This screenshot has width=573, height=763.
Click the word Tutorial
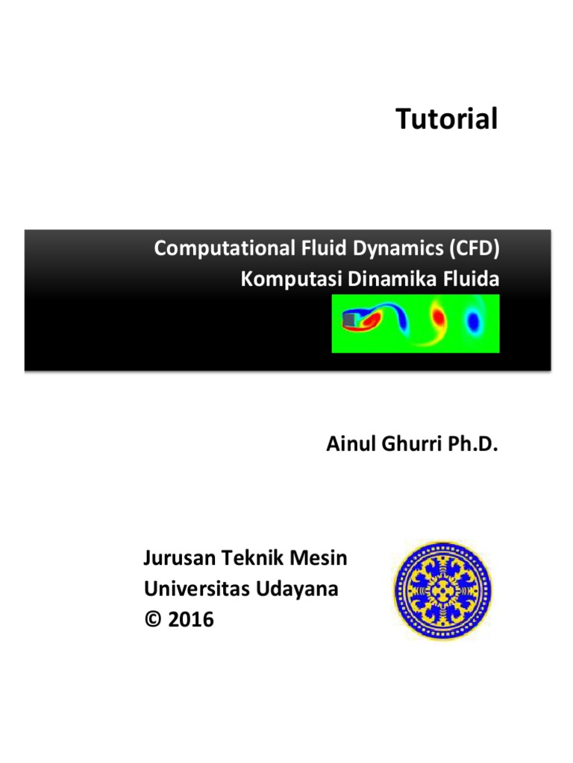[x=446, y=119]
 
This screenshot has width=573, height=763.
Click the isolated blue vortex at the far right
[x=473, y=321]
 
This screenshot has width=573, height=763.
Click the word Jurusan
[x=177, y=559]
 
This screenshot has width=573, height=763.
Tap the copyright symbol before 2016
[x=152, y=619]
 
